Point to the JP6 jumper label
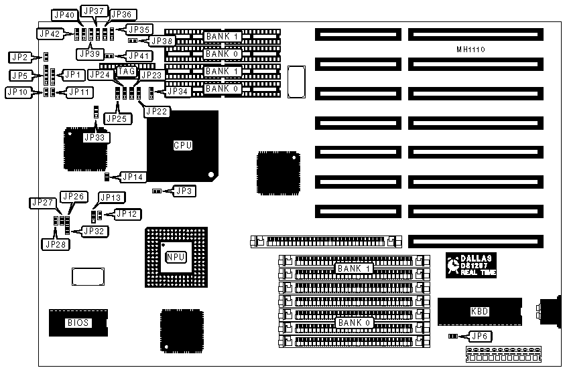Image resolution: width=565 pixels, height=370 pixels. (x=480, y=336)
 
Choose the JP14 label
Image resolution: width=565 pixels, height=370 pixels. (x=131, y=177)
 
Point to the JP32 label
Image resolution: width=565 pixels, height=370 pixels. (x=92, y=232)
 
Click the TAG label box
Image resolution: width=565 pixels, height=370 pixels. (x=127, y=71)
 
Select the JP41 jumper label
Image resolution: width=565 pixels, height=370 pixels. (x=140, y=56)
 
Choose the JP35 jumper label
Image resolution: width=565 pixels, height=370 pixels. (x=139, y=29)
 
